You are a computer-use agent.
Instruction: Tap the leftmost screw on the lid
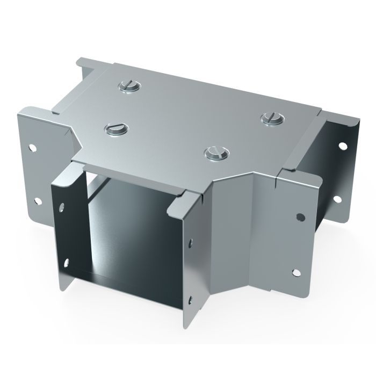click(x=117, y=128)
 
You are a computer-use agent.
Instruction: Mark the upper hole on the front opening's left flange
click(x=63, y=206)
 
